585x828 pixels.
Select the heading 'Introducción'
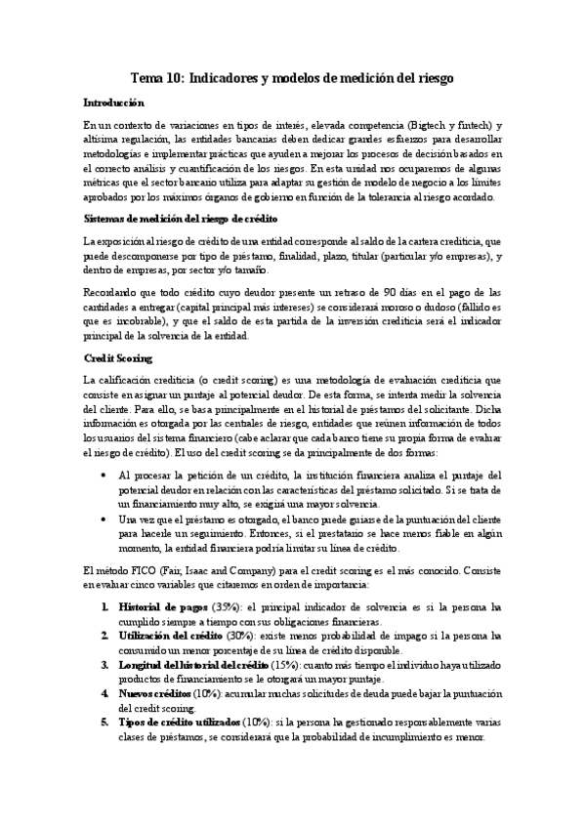(113, 103)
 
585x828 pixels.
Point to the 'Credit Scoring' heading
(117, 358)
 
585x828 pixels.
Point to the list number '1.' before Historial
(106, 606)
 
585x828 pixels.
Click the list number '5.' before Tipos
(106, 723)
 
